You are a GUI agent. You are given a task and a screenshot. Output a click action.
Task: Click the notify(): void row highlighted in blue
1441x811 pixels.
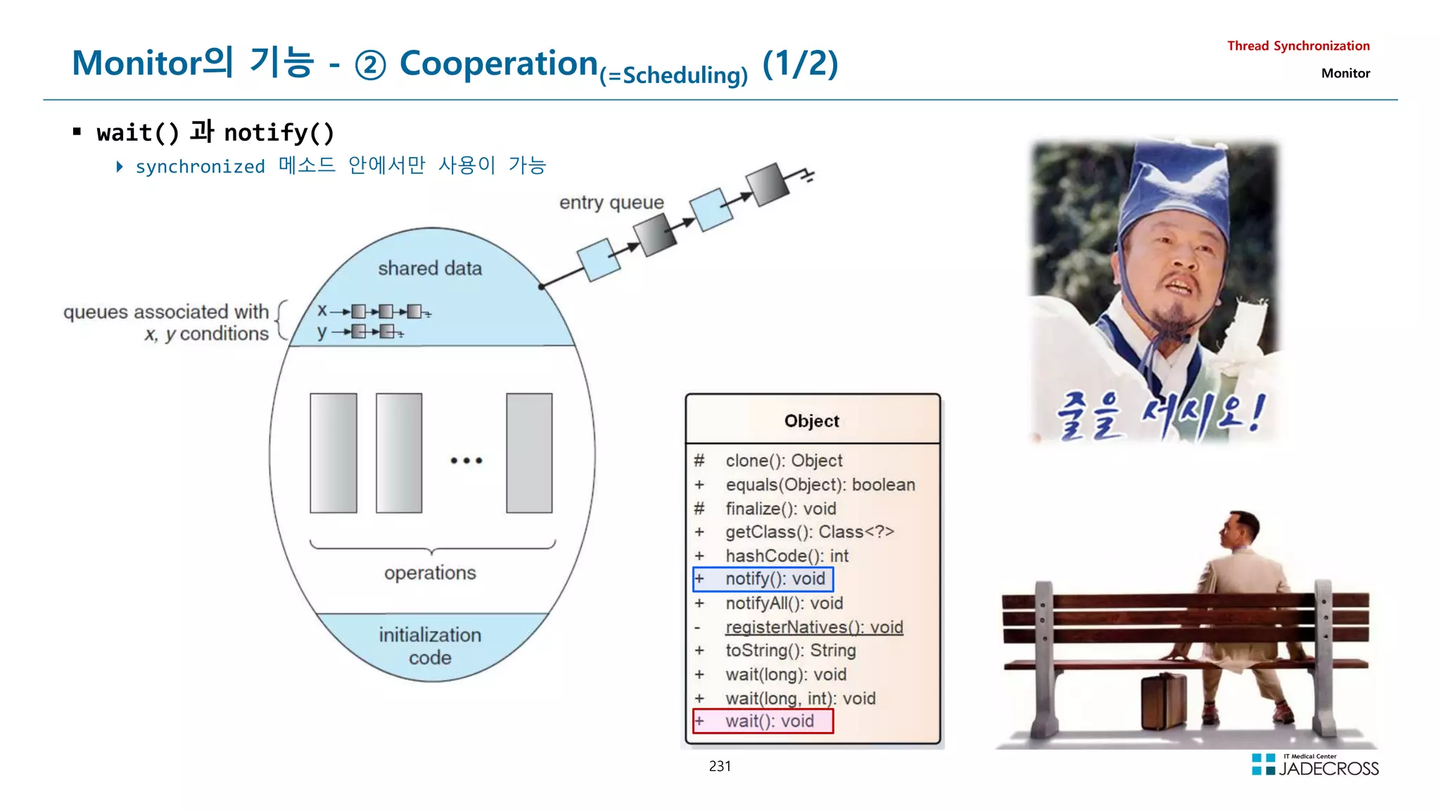point(763,579)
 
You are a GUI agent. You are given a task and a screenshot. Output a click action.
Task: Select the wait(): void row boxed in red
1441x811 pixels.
point(763,721)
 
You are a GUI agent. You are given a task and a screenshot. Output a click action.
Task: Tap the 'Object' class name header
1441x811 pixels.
point(811,421)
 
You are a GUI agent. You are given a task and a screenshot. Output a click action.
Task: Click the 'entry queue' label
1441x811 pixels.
point(611,203)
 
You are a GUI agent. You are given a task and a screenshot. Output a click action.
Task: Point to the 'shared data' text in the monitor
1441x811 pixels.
point(430,268)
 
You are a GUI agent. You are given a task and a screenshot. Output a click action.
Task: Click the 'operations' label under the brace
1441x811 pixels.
point(430,573)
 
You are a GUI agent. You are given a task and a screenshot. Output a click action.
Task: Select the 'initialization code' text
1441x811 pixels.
point(430,646)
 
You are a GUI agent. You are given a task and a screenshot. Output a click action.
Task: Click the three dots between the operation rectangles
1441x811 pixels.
point(466,460)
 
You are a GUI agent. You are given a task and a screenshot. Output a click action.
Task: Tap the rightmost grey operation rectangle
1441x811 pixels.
point(529,453)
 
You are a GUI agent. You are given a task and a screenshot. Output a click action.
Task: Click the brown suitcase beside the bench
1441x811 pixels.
point(1163,700)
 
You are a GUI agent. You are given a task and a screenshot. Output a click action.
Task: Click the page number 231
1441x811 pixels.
point(720,766)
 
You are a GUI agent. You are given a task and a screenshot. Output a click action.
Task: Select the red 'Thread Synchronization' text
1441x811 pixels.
point(1298,46)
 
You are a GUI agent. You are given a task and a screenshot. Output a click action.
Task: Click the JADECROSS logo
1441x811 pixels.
point(1315,765)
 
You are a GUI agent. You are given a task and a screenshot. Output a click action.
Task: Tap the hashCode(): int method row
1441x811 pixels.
point(787,555)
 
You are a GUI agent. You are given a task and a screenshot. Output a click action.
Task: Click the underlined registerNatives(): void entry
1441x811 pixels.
point(814,627)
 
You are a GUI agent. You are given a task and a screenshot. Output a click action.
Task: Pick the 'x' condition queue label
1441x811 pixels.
point(322,310)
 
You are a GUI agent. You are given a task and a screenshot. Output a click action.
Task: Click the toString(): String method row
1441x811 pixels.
point(790,650)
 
